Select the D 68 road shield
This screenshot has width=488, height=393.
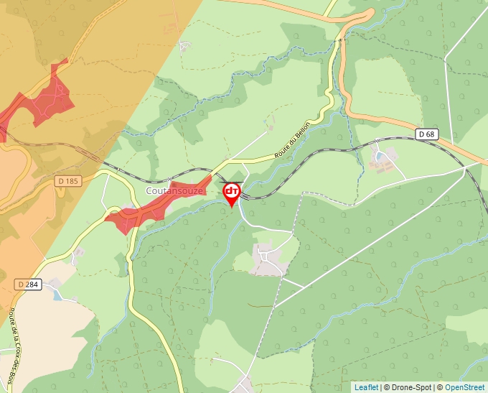tap(426, 134)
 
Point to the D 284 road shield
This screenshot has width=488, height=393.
tap(27, 285)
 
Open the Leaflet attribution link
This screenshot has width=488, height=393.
tap(366, 387)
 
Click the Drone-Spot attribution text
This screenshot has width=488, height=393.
tap(409, 387)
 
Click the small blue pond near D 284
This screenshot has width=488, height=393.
tap(57, 296)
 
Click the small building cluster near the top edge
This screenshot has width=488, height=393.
tap(185, 46)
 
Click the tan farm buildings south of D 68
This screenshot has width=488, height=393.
tap(383, 162)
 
